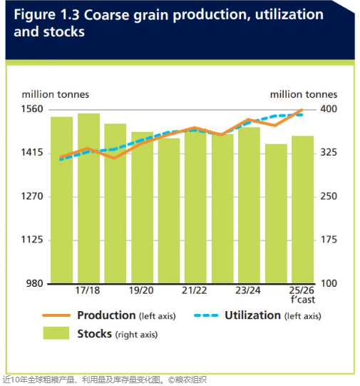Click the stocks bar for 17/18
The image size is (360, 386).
click(x=88, y=198)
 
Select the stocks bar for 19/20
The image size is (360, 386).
click(x=142, y=208)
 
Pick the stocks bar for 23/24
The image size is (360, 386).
click(x=249, y=205)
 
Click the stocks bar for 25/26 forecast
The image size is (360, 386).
click(x=302, y=210)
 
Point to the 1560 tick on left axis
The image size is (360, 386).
click(x=32, y=109)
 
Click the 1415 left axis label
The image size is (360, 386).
click(x=32, y=153)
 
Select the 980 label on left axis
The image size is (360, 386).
click(x=35, y=283)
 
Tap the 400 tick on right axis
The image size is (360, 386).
click(x=329, y=109)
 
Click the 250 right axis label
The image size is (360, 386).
click(x=329, y=196)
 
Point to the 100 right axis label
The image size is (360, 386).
click(x=329, y=283)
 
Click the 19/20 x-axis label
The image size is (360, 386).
click(x=141, y=290)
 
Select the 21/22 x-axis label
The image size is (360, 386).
click(x=195, y=290)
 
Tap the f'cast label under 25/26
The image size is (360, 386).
click(x=303, y=300)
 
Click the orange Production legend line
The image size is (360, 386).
click(x=56, y=315)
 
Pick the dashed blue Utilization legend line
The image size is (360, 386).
click(x=206, y=315)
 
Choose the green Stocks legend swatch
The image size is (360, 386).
click(x=56, y=333)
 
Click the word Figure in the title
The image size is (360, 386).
click(x=35, y=15)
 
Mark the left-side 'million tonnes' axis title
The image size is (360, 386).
click(x=56, y=94)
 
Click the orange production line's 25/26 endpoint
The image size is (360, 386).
click(x=302, y=110)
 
